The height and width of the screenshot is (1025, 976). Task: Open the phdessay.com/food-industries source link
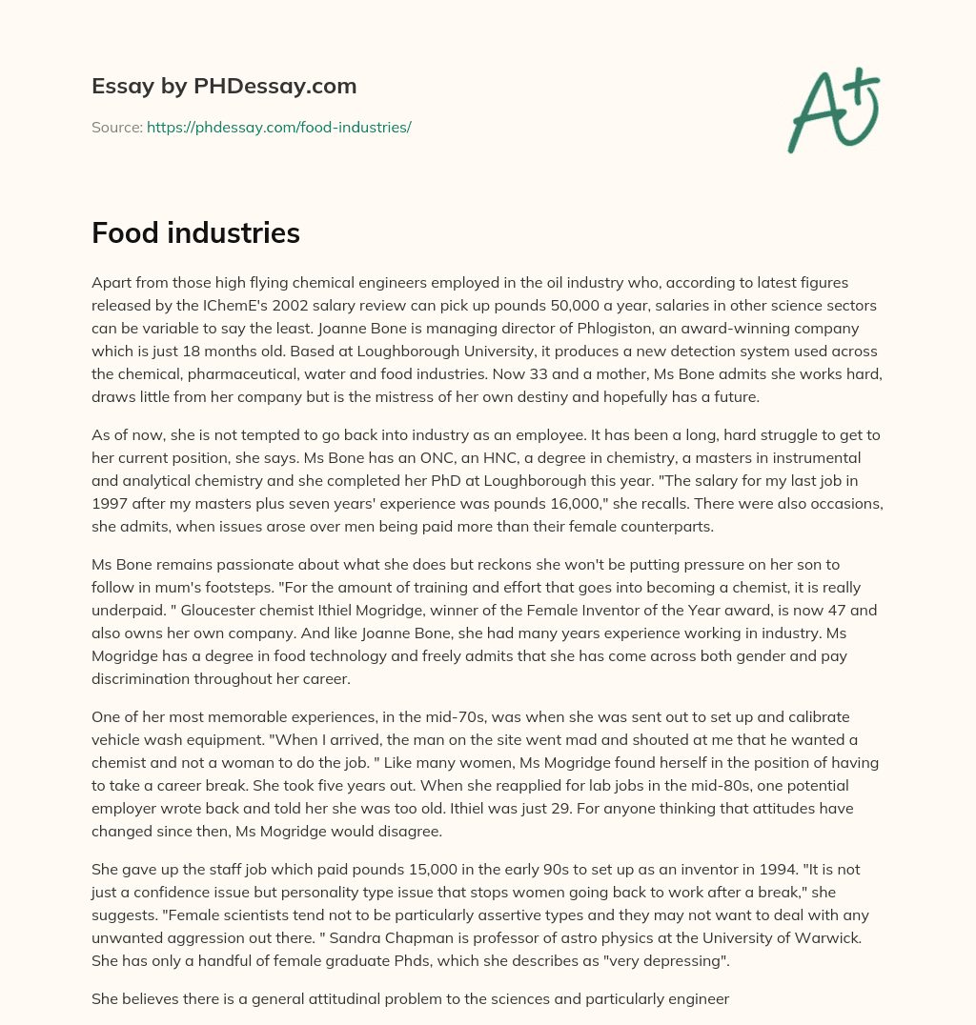pyautogui.click(x=278, y=127)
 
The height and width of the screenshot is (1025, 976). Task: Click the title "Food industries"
pyautogui.click(x=195, y=232)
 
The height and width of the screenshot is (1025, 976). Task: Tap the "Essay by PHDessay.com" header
pyautogui.click(x=224, y=86)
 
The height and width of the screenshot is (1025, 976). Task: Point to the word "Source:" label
pyautogui.click(x=116, y=127)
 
